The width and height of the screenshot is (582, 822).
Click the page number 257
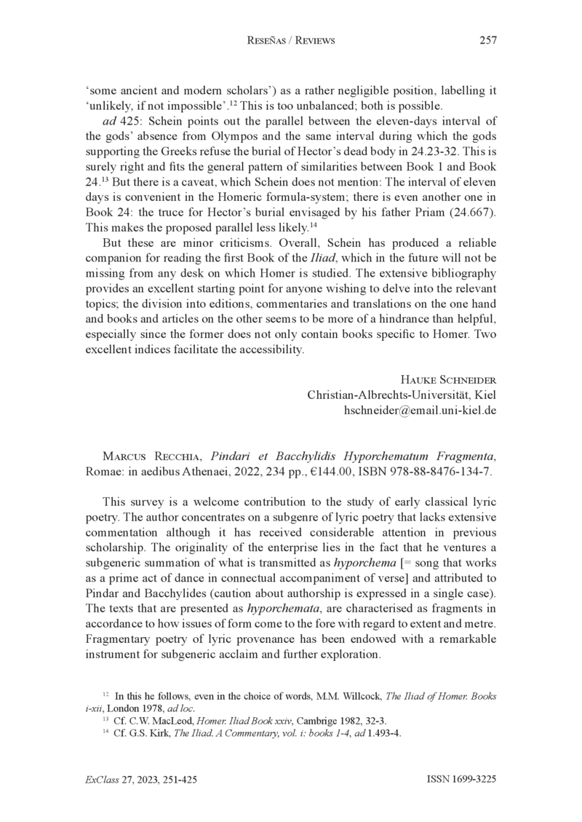coord(488,41)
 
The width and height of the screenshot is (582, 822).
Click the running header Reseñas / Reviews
coord(291,42)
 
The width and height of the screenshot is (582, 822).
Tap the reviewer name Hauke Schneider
coord(448,379)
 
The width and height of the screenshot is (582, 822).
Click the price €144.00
coord(317,471)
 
